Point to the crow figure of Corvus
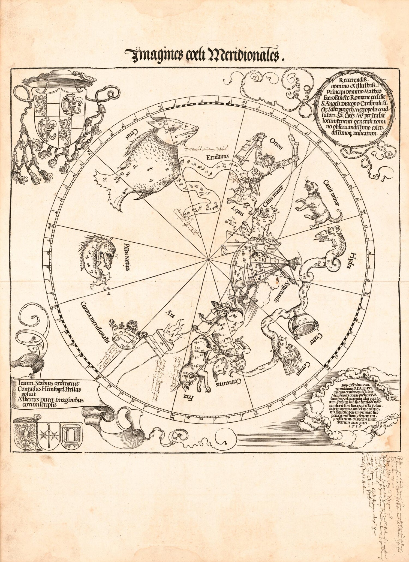[289, 357]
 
